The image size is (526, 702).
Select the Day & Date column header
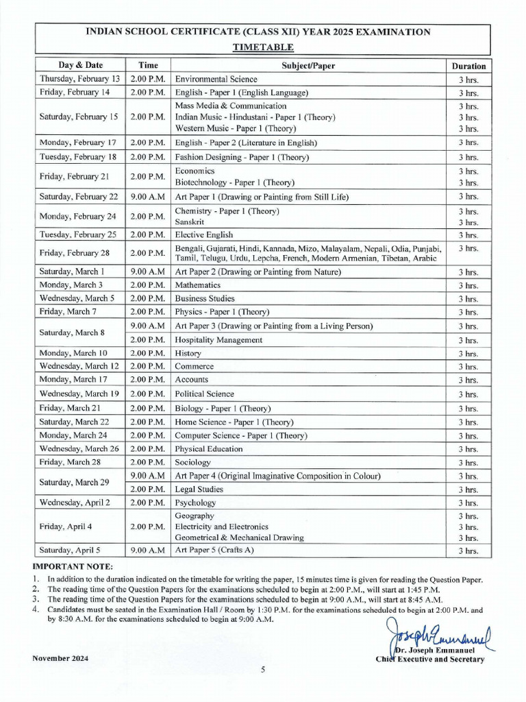tap(80, 66)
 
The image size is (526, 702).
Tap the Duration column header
tap(468, 66)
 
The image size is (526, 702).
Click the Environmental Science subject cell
tap(216, 80)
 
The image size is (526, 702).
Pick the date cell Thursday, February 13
tap(79, 80)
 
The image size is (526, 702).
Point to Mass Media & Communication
tap(231, 106)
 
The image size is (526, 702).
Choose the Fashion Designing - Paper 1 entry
tap(232, 157)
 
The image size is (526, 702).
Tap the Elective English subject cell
tap(204, 235)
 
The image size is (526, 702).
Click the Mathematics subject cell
tap(198, 285)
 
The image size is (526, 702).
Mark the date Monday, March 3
tap(71, 285)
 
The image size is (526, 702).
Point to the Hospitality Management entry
tap(218, 340)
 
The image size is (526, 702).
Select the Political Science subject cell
tap(204, 394)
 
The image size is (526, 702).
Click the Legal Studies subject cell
tap(199, 489)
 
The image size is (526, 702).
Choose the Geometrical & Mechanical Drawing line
tap(239, 538)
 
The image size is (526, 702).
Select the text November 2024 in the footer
tap(60, 659)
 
